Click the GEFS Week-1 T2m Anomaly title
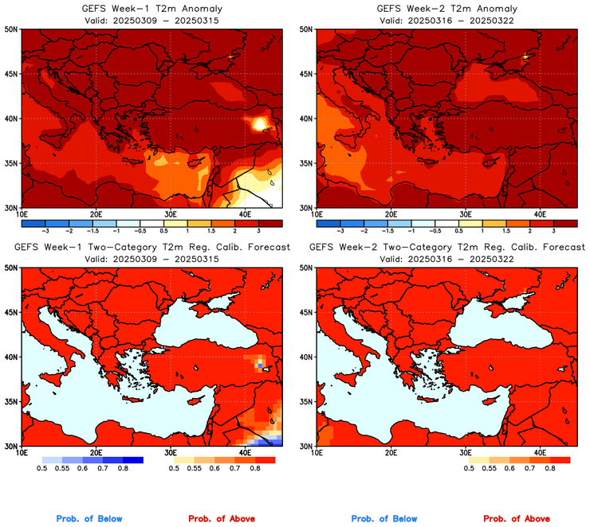tap(151, 9)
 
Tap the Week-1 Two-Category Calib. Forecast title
tap(151, 248)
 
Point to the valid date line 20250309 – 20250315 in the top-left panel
tap(151, 20)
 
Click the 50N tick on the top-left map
tap(12, 29)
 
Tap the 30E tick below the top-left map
tap(170, 214)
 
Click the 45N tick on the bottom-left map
tap(12, 312)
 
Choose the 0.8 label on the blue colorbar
tap(123, 469)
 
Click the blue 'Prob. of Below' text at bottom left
tap(89, 519)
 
